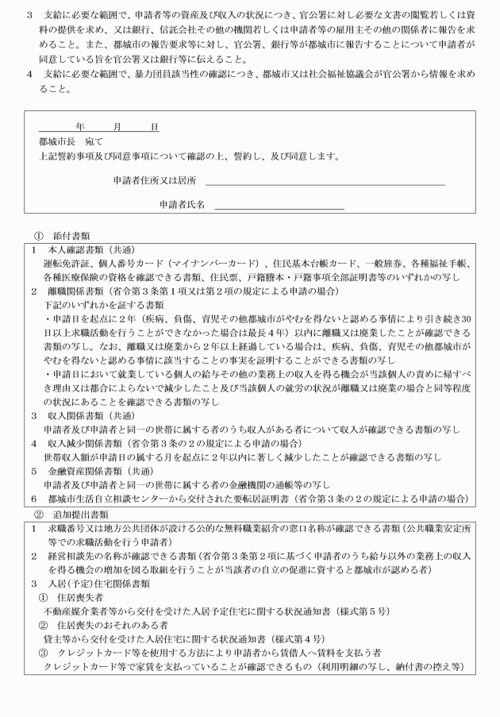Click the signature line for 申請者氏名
279,208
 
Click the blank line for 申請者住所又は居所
325,184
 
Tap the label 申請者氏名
182,204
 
